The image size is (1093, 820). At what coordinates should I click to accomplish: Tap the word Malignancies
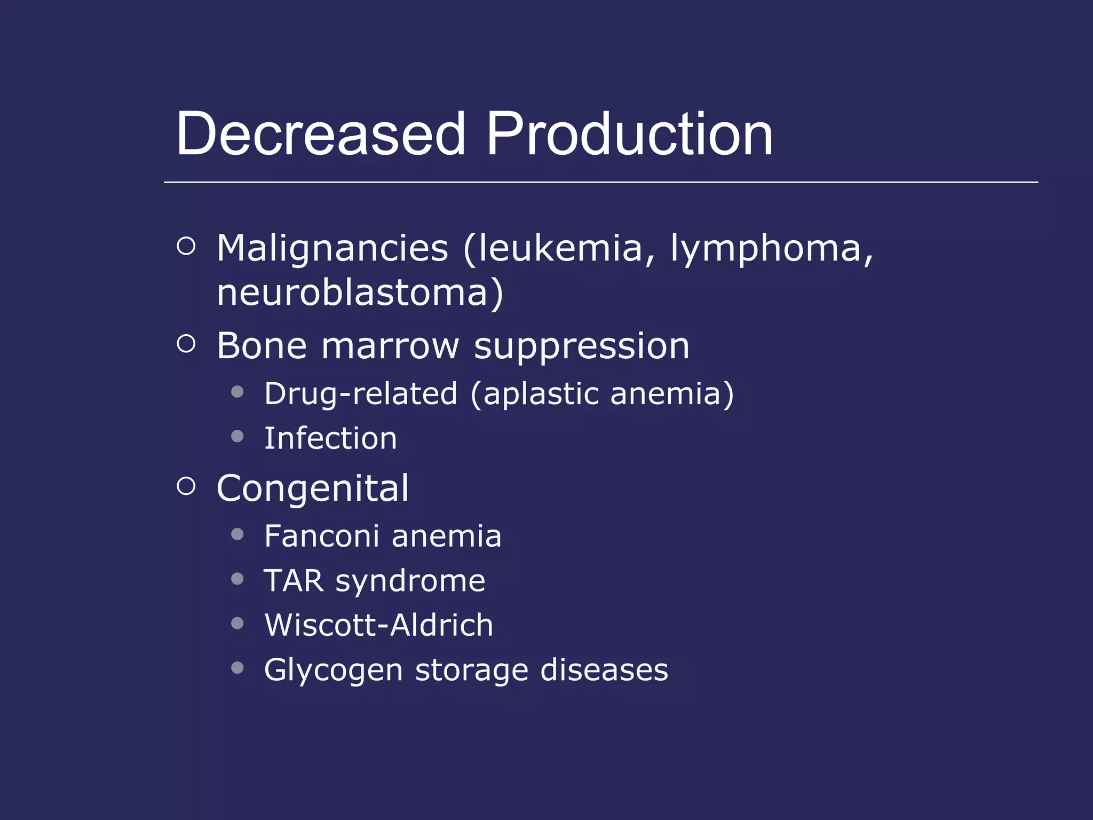(x=332, y=249)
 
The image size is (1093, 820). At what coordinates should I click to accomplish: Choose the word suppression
(x=582, y=347)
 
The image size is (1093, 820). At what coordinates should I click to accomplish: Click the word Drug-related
(x=361, y=393)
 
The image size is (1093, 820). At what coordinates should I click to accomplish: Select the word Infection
(x=330, y=438)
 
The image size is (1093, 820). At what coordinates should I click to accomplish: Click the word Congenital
(x=313, y=488)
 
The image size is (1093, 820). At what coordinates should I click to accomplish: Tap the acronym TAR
(x=294, y=580)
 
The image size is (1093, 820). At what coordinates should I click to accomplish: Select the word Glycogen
(x=333, y=671)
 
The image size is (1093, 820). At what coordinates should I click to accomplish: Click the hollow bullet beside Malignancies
(x=186, y=246)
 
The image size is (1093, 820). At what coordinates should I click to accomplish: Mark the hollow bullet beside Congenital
(x=186, y=486)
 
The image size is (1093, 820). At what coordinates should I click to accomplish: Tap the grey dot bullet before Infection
(x=237, y=437)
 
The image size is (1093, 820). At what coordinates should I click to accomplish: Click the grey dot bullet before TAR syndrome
(x=237, y=579)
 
